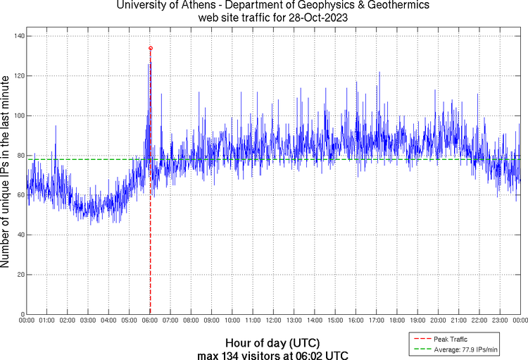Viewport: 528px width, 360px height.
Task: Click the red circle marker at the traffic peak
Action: tap(151, 48)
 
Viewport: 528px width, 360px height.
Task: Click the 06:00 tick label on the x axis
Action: tap(150, 321)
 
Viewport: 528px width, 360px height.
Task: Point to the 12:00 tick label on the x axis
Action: tap(273, 321)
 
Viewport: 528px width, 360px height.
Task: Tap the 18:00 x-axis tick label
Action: tap(397, 321)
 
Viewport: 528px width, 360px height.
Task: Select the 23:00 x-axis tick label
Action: tap(500, 321)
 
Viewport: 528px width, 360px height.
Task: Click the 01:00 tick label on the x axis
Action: tap(47, 321)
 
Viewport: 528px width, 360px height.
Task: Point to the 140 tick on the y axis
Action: tap(18, 36)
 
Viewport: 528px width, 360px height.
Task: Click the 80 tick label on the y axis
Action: tap(20, 155)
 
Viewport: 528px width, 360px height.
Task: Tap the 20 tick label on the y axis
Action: tap(20, 275)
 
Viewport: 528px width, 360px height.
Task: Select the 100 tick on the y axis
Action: tap(18, 116)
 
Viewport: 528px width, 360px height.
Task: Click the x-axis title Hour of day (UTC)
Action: tap(273, 340)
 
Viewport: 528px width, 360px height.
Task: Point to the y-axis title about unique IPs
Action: tap(6, 173)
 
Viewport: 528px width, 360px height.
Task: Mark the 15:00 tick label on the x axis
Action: tap(335, 321)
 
